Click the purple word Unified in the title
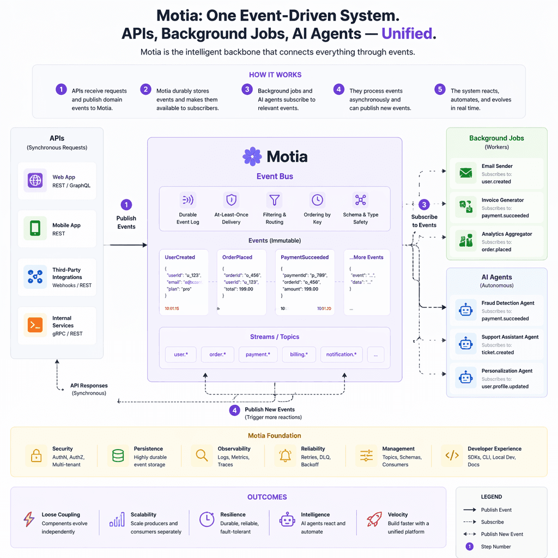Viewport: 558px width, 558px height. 406,34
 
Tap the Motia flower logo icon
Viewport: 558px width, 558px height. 252,157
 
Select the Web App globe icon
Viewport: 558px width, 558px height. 35,180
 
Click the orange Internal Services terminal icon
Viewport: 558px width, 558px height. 35,325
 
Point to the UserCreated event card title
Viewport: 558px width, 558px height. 180,257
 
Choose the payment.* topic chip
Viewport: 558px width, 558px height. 257,354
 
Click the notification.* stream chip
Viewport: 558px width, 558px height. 341,354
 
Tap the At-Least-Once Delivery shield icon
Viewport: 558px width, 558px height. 231,200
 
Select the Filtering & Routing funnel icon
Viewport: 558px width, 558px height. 274,200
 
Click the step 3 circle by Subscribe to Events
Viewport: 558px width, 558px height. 424,205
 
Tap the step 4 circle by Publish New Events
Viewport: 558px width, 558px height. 235,410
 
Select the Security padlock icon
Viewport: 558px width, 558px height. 37,456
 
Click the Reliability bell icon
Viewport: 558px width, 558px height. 286,456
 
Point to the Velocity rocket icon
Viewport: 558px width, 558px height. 374,519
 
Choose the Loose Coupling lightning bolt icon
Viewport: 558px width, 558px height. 29,519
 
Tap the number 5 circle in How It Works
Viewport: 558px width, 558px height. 440,89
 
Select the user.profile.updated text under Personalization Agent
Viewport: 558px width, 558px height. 505,386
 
